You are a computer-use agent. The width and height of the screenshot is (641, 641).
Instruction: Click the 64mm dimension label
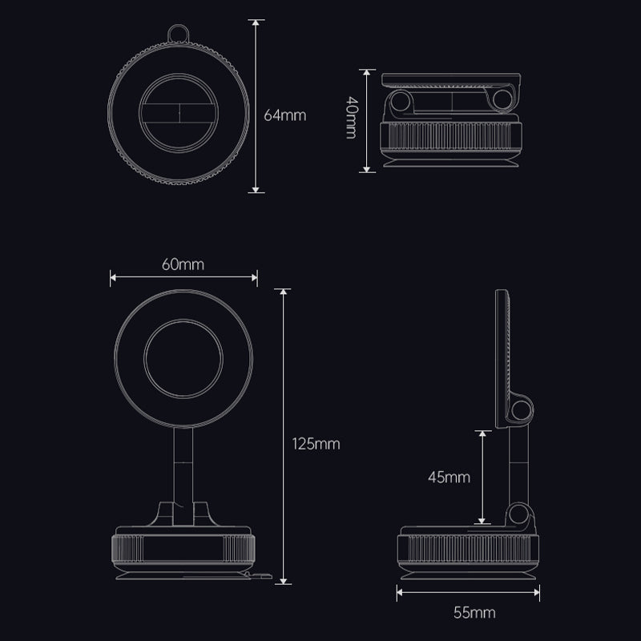tap(285, 115)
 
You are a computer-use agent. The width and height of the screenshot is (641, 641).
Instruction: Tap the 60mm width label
tap(183, 264)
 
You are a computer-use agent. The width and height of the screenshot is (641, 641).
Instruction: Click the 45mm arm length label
tap(448, 478)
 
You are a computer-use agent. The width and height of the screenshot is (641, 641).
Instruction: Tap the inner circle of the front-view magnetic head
tap(183, 353)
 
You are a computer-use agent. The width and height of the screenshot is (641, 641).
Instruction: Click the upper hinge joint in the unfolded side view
tap(522, 410)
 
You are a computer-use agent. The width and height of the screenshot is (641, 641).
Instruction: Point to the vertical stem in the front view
tap(183, 468)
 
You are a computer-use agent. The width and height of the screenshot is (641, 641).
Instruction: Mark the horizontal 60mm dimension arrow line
tap(183, 278)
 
